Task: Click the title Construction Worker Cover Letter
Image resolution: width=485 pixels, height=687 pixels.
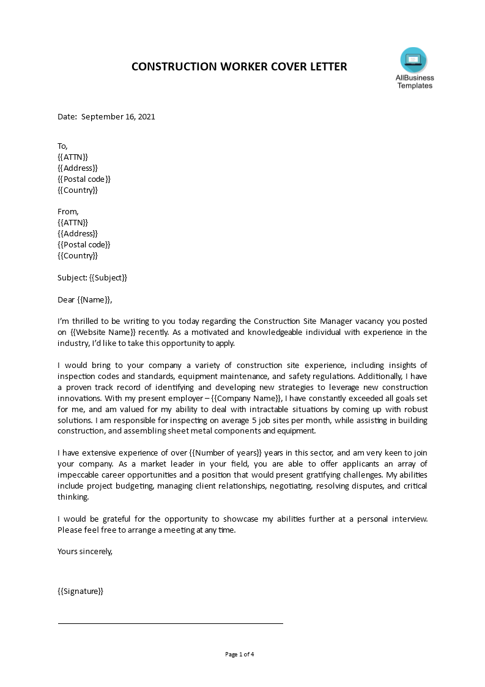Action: (x=239, y=67)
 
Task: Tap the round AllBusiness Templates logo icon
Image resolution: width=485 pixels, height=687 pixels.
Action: (x=413, y=60)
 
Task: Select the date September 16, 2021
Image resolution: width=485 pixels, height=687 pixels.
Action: (x=118, y=116)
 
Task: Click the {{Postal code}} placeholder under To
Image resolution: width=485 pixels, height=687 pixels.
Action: (x=84, y=179)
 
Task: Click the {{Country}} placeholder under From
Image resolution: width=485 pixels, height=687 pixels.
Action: (x=78, y=256)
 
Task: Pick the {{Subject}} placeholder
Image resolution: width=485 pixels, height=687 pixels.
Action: (x=108, y=277)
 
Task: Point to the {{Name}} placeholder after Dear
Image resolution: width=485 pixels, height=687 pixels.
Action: (x=94, y=299)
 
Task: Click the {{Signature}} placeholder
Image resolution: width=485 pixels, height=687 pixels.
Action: (x=80, y=591)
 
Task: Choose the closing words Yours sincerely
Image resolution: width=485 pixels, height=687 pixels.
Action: (x=85, y=551)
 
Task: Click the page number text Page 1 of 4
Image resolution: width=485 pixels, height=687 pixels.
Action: (x=240, y=654)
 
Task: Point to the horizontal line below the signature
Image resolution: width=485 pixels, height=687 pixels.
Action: (x=170, y=623)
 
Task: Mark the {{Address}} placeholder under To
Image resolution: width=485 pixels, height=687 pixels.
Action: (x=78, y=168)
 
